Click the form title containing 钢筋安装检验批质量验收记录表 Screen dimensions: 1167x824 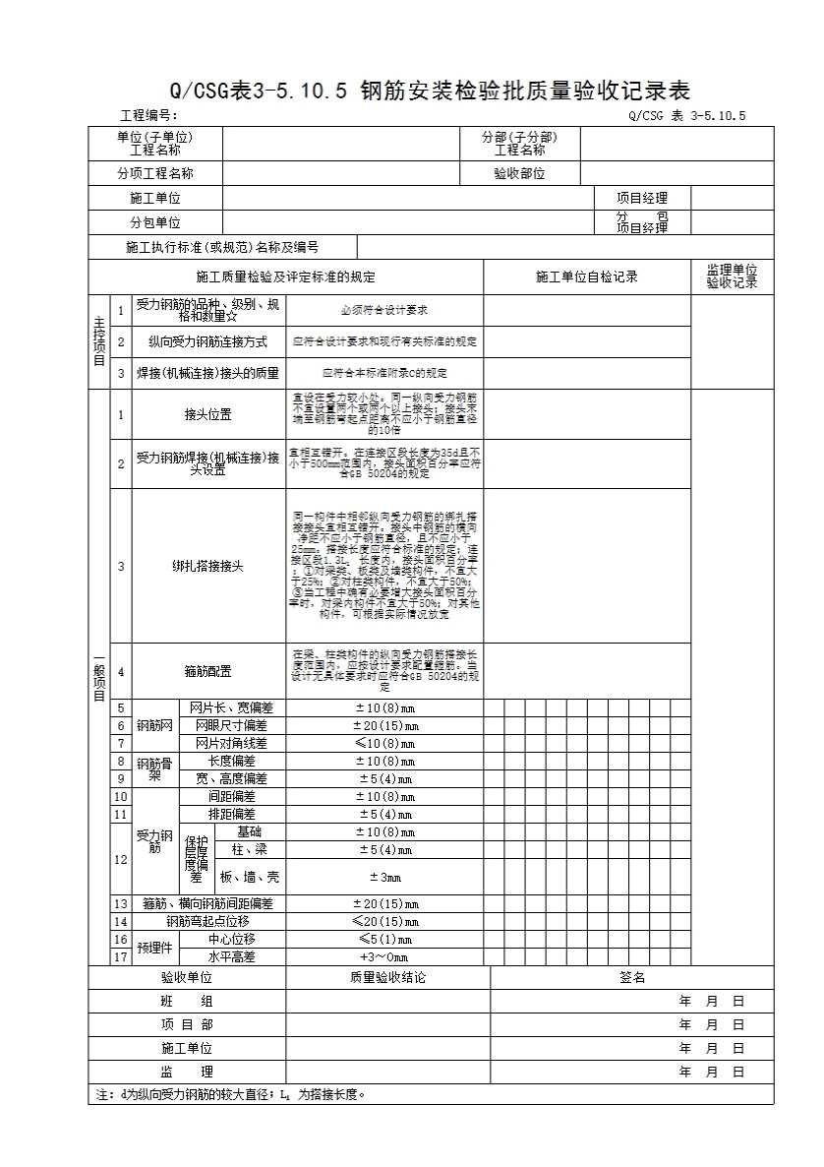point(431,92)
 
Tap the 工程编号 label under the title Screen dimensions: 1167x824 point(148,116)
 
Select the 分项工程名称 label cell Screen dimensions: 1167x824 point(155,173)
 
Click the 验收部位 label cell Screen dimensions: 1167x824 point(519,173)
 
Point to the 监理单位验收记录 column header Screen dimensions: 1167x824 point(732,276)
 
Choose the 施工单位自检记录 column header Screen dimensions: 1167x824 point(586,276)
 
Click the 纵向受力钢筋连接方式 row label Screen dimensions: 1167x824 point(207,342)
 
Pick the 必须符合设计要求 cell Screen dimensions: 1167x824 point(384,310)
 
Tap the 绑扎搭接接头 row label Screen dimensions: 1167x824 point(207,566)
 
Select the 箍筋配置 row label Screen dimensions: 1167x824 point(207,671)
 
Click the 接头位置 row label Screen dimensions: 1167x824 point(207,414)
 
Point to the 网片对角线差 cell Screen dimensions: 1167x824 point(231,743)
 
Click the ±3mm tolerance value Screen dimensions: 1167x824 point(384,877)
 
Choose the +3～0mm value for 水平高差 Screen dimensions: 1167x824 point(384,956)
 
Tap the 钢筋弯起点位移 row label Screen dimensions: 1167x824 point(207,921)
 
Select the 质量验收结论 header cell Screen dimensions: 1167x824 point(384,977)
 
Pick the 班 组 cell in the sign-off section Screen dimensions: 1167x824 point(187,1001)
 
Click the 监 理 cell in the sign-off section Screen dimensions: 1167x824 point(187,1072)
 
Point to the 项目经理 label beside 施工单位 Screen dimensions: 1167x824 point(641,198)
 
